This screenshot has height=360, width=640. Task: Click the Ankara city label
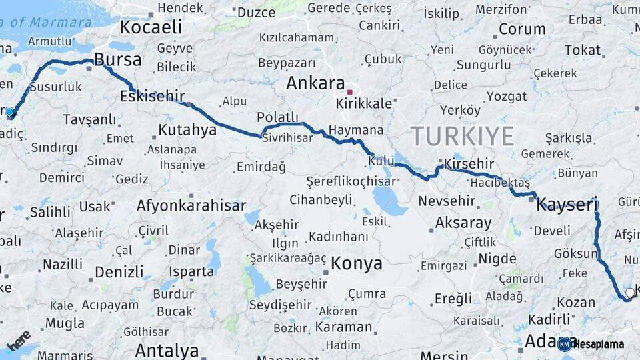point(315,83)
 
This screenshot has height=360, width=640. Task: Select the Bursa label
point(118,60)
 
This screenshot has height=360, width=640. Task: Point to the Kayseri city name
point(567,204)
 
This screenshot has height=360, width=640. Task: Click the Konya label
point(357,263)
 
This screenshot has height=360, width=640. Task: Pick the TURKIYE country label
point(462,136)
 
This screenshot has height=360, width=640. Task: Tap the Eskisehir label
point(152,97)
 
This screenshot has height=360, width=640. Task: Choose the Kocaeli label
point(151,27)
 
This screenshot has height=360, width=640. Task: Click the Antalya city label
point(167,350)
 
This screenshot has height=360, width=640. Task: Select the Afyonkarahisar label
point(191,205)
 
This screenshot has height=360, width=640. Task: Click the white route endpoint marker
point(630,292)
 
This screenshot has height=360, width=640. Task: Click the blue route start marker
point(9,111)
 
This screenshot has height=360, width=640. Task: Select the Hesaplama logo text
point(599,344)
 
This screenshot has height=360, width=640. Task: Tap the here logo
point(19,341)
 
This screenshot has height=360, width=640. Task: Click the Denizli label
point(119,272)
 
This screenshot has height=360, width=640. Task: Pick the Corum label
point(522,29)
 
